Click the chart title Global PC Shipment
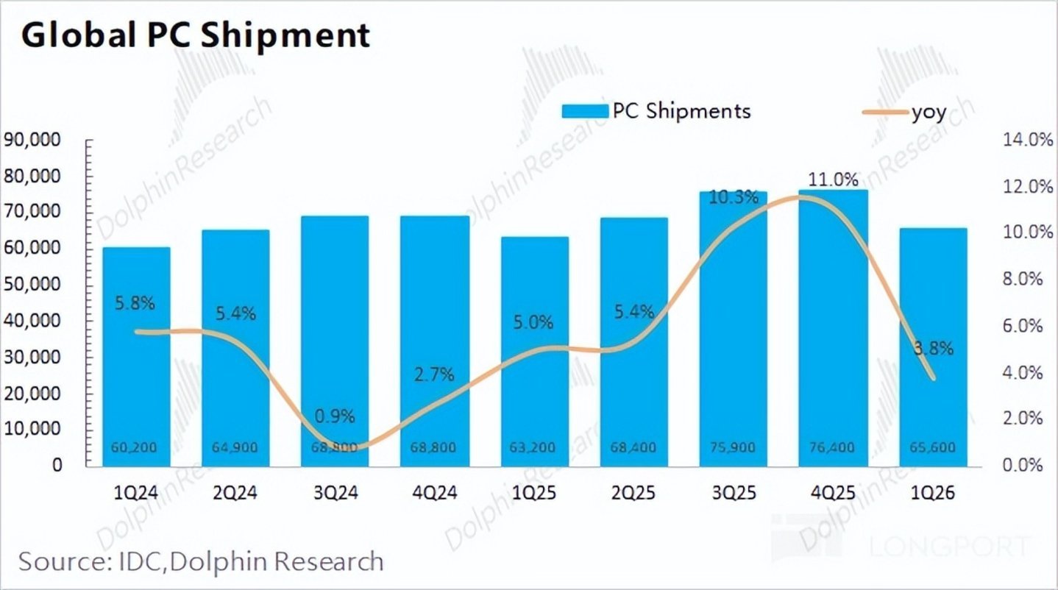coord(195,35)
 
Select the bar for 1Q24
coord(136,357)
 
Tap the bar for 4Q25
coord(834,327)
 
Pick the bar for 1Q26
coord(933,346)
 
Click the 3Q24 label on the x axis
coord(335,494)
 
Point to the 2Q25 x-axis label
coord(634,494)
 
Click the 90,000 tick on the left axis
coord(35,141)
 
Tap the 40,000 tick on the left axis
coord(35,321)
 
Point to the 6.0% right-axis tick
coord(1024,326)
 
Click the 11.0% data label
coord(834,179)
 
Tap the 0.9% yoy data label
coord(335,416)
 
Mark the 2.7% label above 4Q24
coord(434,376)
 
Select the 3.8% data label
coord(934,349)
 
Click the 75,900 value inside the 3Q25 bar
coord(734,447)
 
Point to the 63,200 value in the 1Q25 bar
coord(534,447)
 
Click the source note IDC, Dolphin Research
coord(201,562)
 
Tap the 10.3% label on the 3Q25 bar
coord(734,197)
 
